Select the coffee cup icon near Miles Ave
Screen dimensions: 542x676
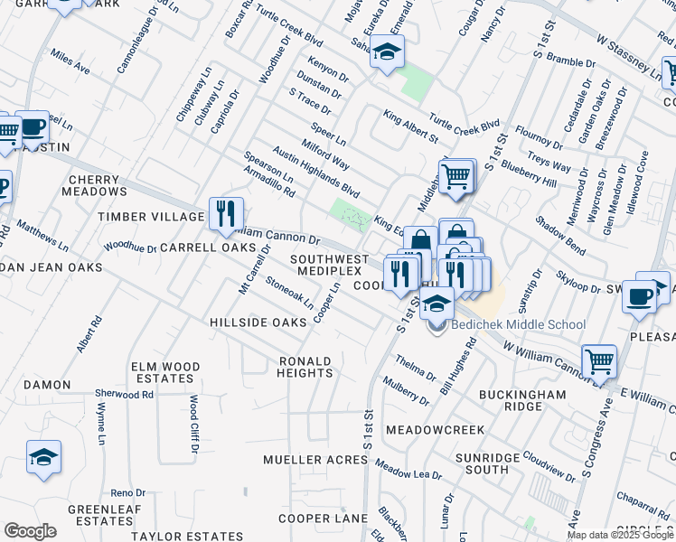click(33, 126)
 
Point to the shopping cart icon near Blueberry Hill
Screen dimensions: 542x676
click(457, 175)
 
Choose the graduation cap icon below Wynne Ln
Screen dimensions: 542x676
click(43, 457)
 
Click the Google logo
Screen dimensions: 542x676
click(30, 531)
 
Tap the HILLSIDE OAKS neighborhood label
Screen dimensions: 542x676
click(258, 322)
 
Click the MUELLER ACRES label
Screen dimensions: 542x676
click(315, 460)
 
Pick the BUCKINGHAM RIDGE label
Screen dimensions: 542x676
click(522, 401)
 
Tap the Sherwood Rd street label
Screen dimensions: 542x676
click(131, 395)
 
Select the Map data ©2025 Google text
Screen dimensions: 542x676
click(619, 534)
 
